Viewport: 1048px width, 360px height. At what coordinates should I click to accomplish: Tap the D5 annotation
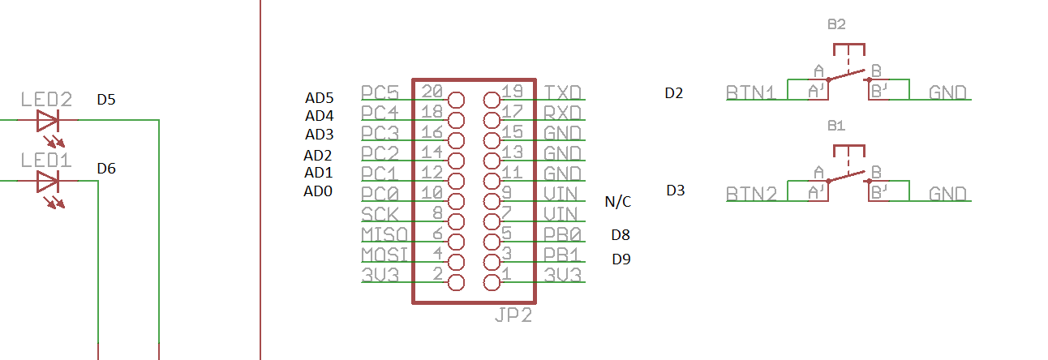click(106, 100)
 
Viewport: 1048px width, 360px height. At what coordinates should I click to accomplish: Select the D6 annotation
click(106, 169)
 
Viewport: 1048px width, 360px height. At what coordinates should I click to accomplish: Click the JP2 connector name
click(513, 315)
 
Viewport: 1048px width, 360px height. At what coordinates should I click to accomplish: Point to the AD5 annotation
click(319, 97)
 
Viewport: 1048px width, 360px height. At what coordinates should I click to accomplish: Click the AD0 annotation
click(318, 191)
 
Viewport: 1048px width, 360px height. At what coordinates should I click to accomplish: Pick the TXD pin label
click(563, 92)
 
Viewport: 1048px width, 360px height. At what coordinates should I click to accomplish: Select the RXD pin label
click(563, 112)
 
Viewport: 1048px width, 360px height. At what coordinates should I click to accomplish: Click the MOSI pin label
click(384, 255)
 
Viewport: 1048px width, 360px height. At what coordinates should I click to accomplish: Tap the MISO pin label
click(384, 234)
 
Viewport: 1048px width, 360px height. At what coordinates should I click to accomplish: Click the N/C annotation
click(618, 201)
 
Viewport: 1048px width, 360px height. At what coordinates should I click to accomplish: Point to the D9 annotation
click(621, 259)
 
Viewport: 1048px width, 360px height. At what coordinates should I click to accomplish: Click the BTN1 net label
click(750, 92)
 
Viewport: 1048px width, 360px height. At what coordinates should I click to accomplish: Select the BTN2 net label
click(751, 194)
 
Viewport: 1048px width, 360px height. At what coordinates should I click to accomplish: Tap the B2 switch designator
click(836, 24)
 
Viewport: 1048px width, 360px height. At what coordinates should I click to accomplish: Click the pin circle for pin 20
click(456, 100)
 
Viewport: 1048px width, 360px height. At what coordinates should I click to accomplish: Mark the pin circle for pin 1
click(492, 282)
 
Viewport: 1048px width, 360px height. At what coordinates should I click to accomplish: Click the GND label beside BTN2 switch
click(948, 194)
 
